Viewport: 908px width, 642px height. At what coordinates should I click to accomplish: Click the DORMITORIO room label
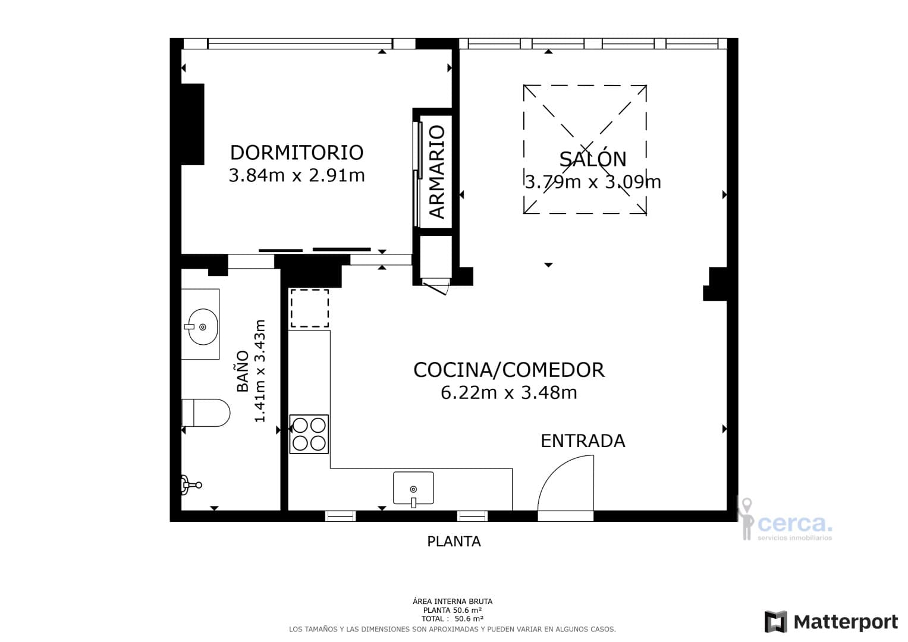296,153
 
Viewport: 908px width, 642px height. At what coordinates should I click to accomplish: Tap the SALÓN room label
592,159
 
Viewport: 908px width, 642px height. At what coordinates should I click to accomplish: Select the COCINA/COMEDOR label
508,370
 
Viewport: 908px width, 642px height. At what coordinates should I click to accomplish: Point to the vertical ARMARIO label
437,172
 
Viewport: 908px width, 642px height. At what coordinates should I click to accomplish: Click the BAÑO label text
243,371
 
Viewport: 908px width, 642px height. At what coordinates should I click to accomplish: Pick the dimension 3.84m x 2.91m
296,176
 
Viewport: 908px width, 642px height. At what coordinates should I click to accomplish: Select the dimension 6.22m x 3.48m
508,393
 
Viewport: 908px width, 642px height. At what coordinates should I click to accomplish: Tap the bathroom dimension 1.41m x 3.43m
260,371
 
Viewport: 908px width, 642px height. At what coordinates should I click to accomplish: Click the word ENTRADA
582,441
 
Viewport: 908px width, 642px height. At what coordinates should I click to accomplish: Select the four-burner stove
309,434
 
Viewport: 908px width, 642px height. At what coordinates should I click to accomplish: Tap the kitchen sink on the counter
413,489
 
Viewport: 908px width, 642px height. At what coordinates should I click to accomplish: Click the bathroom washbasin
202,326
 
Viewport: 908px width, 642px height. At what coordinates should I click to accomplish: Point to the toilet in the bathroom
206,413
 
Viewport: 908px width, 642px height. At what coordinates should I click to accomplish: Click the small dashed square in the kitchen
309,308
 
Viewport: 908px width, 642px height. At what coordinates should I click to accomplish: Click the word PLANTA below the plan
454,542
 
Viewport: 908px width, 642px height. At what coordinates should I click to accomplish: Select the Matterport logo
831,622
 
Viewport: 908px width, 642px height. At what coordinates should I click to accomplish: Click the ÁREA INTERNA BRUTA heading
453,602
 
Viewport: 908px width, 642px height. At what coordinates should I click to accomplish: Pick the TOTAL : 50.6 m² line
453,619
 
